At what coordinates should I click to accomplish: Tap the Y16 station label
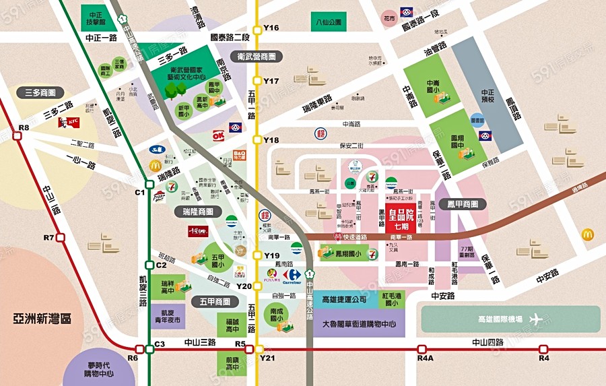tap(271, 28)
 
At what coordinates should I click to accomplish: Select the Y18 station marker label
tap(271, 140)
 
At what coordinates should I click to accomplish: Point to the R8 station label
tap(24, 127)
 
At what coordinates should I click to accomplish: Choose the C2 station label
tap(160, 265)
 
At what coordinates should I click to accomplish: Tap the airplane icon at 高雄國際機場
tap(536, 319)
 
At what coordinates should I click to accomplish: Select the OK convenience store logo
tap(218, 135)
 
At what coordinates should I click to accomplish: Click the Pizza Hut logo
tap(159, 197)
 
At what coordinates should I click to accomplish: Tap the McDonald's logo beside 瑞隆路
tap(154, 165)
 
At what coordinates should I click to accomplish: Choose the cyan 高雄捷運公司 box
tap(344, 299)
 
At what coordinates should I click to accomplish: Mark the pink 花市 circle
tap(388, 18)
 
